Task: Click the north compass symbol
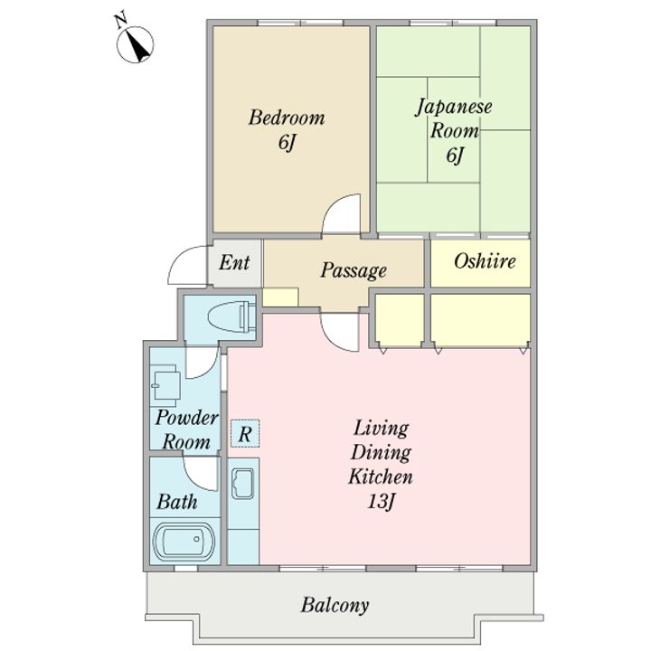point(135,43)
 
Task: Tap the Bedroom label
point(287,118)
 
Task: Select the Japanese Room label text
point(454,118)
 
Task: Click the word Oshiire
point(485,261)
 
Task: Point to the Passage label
point(354,270)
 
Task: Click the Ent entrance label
point(234,263)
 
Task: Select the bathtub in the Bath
point(184,542)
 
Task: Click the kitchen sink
point(243,484)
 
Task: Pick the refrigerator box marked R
point(245,433)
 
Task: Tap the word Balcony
point(335,605)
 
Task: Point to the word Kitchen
point(381,476)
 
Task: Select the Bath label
point(177,502)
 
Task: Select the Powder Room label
point(186,430)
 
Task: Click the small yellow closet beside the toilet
point(280,297)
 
